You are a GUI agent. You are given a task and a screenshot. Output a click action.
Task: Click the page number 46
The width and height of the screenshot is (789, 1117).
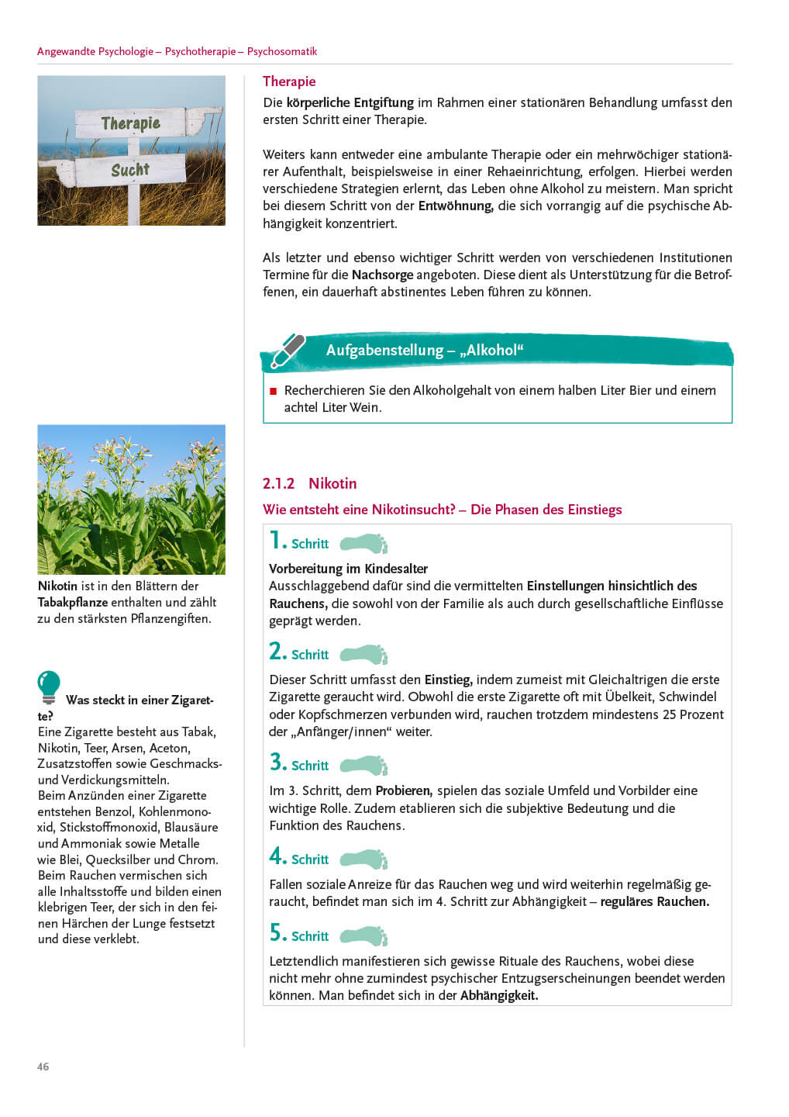click(43, 1067)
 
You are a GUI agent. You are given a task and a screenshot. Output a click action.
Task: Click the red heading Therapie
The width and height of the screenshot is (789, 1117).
click(289, 81)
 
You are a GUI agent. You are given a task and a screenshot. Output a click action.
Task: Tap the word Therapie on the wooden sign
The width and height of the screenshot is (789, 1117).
click(130, 123)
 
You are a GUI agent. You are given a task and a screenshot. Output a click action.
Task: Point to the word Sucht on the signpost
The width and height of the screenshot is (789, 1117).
click(129, 170)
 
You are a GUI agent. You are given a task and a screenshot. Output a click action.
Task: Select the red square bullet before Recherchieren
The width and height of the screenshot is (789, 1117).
click(273, 391)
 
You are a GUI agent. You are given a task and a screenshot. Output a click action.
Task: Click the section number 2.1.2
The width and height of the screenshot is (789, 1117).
click(278, 483)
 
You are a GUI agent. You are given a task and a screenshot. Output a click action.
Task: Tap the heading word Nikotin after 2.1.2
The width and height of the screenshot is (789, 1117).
click(332, 483)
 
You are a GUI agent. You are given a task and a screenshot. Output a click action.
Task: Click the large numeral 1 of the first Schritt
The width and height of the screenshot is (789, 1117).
click(276, 540)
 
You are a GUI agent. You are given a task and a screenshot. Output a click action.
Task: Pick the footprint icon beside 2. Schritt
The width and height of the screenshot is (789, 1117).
click(364, 654)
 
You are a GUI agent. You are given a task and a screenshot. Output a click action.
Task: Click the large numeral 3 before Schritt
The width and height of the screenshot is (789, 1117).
click(277, 763)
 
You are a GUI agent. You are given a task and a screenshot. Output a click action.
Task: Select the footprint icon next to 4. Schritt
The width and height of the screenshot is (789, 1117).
click(364, 859)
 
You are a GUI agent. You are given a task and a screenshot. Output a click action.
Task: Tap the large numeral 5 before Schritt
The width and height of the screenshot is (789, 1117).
click(277, 933)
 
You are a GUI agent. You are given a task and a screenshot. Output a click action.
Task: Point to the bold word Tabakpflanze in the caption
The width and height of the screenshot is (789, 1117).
click(73, 602)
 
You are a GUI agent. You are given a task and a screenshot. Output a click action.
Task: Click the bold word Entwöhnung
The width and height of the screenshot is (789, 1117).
click(455, 206)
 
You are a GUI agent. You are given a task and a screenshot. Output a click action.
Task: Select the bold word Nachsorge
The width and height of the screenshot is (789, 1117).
click(382, 275)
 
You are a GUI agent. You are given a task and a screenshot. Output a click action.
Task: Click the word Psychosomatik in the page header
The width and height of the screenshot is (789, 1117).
click(282, 51)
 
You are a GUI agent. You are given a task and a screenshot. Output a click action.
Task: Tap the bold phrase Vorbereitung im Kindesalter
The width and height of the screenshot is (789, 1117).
click(348, 569)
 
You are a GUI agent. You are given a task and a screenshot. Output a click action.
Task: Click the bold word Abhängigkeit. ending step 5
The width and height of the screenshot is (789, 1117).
click(498, 995)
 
